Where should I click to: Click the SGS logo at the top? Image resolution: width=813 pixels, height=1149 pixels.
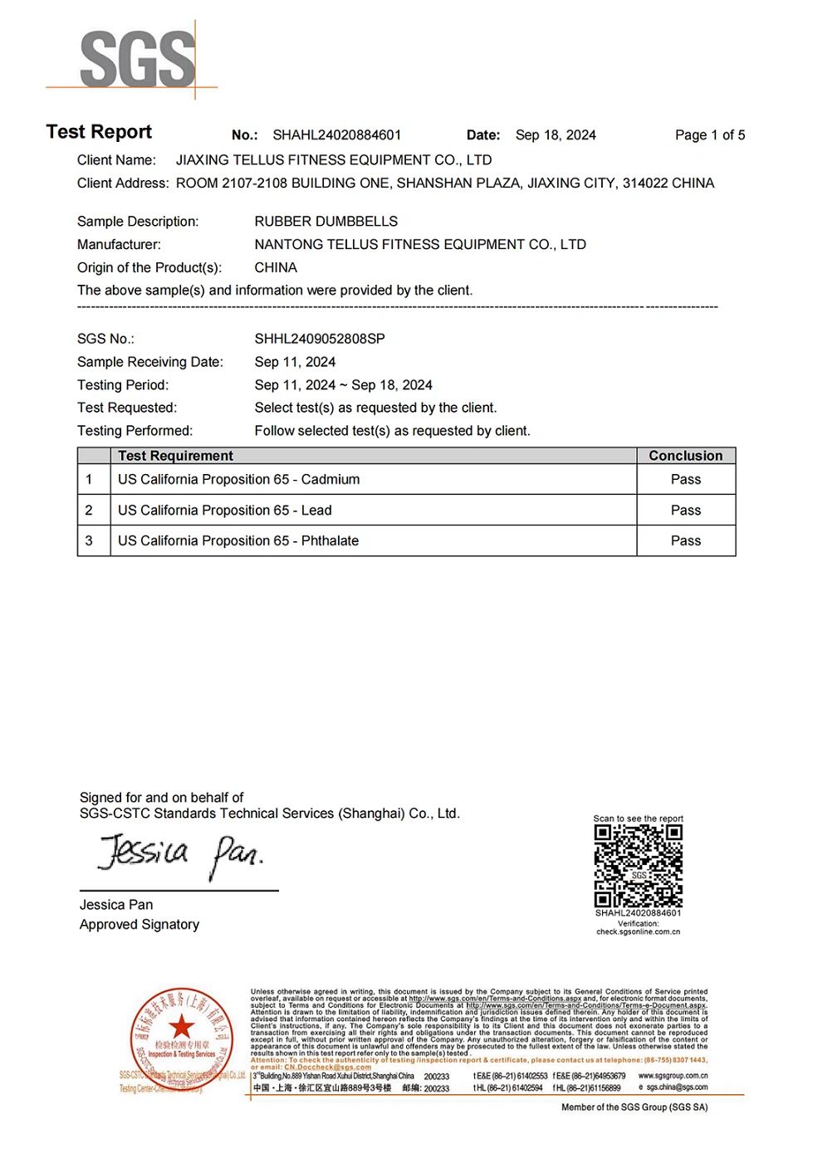[138, 59]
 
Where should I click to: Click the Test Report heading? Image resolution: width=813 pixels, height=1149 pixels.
[99, 132]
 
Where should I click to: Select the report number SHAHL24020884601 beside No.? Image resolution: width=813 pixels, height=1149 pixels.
[336, 135]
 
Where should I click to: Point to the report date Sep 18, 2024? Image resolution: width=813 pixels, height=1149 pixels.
[556, 135]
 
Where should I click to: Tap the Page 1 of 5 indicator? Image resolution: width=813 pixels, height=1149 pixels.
[709, 135]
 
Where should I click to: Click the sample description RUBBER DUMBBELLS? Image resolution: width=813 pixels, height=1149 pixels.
[326, 222]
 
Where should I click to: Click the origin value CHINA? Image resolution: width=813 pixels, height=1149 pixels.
[276, 268]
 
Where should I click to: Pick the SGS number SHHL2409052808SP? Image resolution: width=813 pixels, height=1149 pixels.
[320, 339]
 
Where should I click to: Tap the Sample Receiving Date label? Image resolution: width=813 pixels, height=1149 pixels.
[149, 362]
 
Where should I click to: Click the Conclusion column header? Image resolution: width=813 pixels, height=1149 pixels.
[685, 456]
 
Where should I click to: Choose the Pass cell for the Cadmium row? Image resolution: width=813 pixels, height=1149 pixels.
[685, 480]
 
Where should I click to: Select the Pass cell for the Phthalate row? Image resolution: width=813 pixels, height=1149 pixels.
[685, 541]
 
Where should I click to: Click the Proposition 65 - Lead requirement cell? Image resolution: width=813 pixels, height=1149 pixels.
[224, 511]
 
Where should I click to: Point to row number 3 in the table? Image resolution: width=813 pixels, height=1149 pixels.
[89, 541]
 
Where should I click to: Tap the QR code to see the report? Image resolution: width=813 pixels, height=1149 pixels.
[638, 866]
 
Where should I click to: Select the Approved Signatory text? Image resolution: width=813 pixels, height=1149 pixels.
[140, 925]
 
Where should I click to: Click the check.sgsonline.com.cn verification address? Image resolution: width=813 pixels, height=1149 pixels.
[638, 932]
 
